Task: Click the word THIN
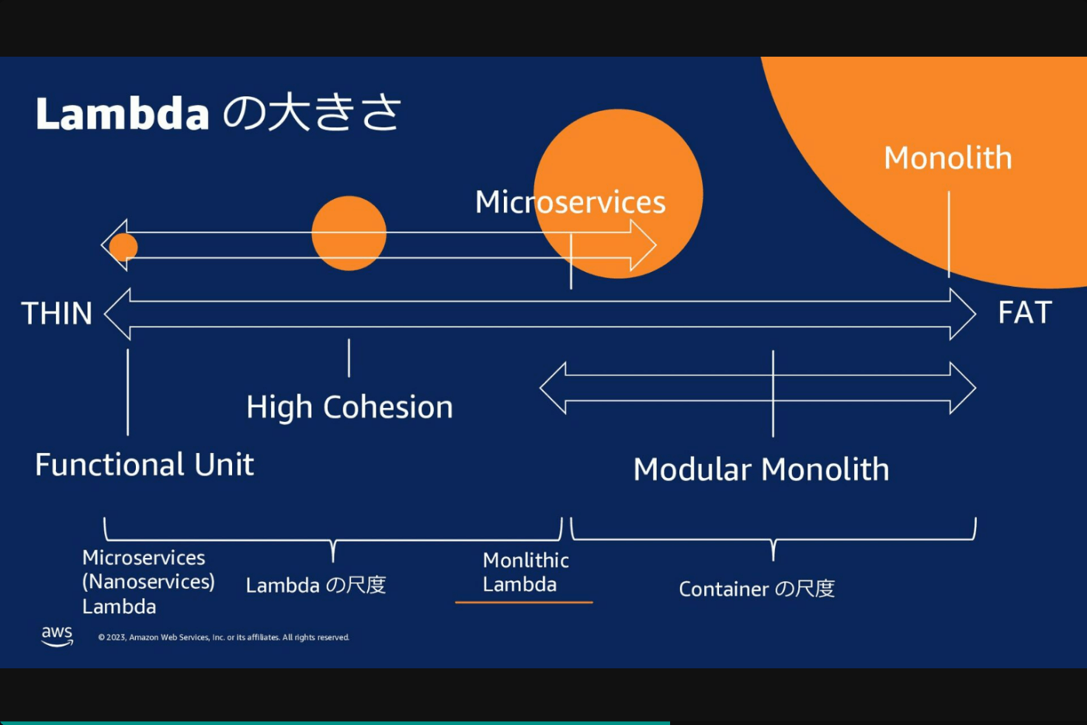coord(57,313)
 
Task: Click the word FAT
coord(1025,312)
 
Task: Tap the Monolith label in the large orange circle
coord(948,158)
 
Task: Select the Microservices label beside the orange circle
coord(570,202)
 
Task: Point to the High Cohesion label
coord(349,407)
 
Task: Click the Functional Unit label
coord(144,464)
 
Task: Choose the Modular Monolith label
coord(761,469)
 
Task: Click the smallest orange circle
coord(123,247)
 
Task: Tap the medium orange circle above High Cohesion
coord(349,233)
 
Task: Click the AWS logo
coord(57,636)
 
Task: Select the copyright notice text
coord(224,637)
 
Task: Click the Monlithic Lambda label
coord(526,572)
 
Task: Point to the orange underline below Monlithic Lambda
coord(523,602)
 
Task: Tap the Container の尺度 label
coord(756,589)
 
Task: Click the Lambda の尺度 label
coord(316,585)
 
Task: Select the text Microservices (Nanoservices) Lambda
coord(148,582)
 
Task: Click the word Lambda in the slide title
coord(123,113)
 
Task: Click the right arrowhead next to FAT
coord(963,314)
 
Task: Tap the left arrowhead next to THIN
coord(117,314)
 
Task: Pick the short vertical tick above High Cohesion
coord(349,358)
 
